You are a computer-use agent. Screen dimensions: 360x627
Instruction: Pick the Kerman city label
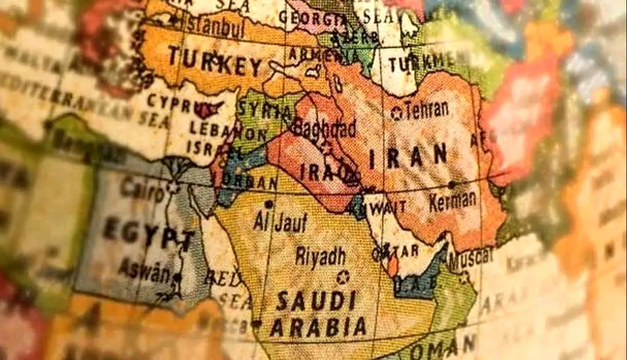(x=453, y=200)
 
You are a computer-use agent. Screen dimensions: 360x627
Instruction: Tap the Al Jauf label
(x=280, y=222)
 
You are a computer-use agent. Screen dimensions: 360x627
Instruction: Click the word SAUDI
(x=316, y=301)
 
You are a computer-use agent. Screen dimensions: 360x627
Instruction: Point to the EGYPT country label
(x=148, y=233)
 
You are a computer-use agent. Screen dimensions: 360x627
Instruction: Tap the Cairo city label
(x=142, y=189)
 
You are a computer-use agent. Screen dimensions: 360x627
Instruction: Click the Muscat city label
(x=470, y=256)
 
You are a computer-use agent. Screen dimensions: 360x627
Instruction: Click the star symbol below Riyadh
(x=342, y=277)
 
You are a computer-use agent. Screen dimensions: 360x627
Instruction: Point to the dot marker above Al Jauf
(x=269, y=204)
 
